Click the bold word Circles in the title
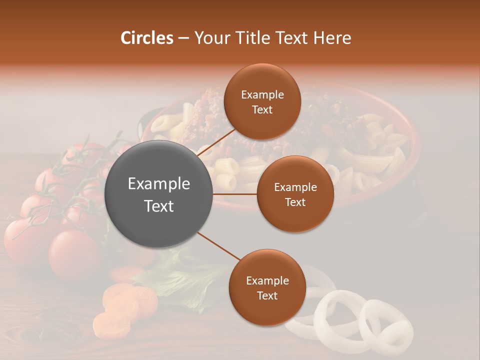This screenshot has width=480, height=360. (147, 38)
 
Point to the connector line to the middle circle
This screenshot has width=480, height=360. (235, 194)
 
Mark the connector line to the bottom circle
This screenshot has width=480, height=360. (219, 245)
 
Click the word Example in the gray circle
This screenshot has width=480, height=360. (159, 184)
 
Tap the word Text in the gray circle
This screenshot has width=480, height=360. (159, 206)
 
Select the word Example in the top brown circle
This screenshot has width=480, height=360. (262, 95)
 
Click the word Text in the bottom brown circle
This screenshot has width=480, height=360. (267, 296)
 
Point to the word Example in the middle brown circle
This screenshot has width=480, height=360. (295, 187)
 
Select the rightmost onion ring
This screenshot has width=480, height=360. (386, 325)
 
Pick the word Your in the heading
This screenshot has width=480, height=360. (213, 38)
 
